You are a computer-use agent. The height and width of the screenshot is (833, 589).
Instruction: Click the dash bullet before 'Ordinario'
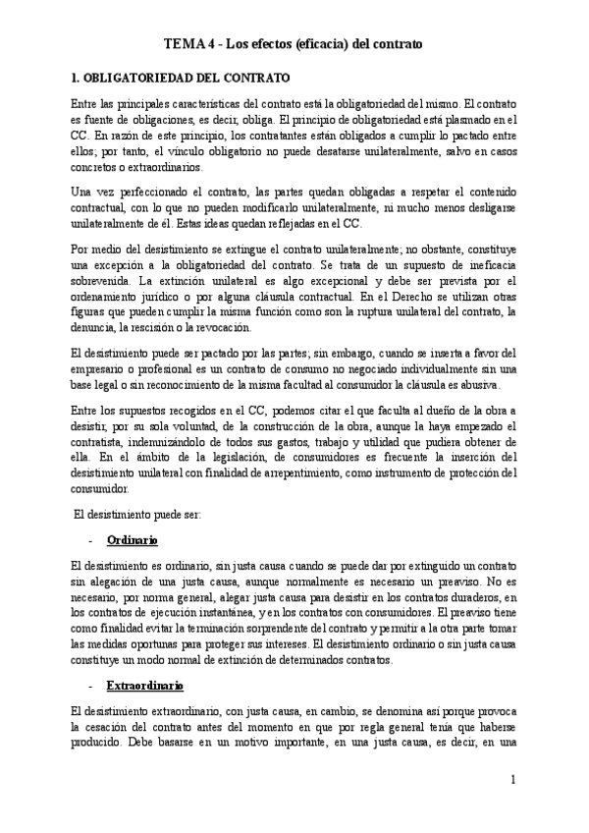[90, 541]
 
